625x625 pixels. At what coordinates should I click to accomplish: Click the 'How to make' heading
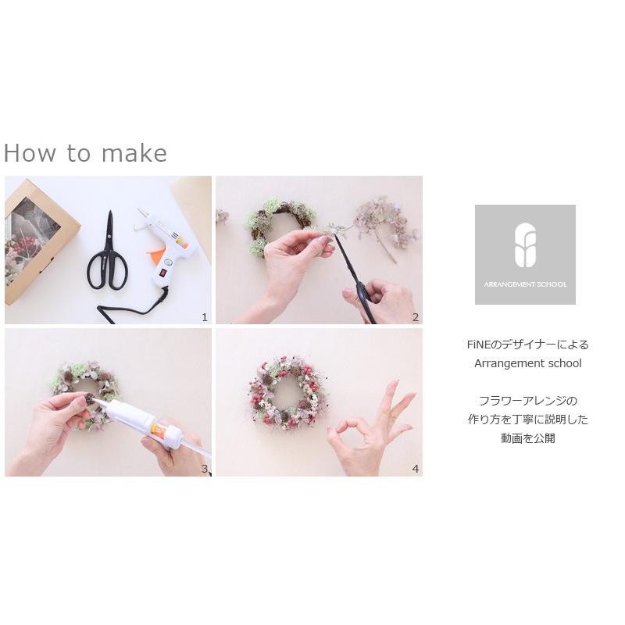click(85, 153)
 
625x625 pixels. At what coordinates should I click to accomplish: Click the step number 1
click(205, 317)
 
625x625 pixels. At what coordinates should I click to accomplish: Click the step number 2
click(416, 317)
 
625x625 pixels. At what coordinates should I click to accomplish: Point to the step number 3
click(205, 469)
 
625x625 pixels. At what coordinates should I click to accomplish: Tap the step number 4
click(416, 469)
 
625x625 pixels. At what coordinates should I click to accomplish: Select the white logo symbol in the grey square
click(525, 245)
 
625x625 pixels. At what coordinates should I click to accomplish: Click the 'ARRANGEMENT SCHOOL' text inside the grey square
click(525, 284)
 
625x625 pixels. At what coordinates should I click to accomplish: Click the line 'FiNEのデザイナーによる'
click(527, 345)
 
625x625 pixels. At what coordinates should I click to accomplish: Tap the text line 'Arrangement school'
click(527, 363)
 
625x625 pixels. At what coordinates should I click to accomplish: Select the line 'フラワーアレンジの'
click(527, 401)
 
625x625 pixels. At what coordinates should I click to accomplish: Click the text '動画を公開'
click(527, 438)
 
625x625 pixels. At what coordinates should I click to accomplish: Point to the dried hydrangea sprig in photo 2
click(383, 219)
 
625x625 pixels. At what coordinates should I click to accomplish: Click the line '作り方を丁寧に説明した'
click(527, 420)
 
